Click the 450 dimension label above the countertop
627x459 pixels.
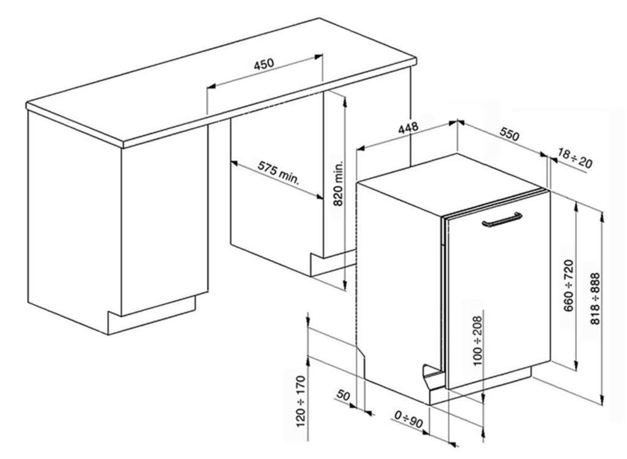(264, 64)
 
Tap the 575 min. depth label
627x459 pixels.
(278, 173)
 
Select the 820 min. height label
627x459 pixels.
(339, 184)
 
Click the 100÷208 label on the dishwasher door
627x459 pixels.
(478, 340)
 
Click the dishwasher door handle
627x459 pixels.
(501, 220)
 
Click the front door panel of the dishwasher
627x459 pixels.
(499, 300)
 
